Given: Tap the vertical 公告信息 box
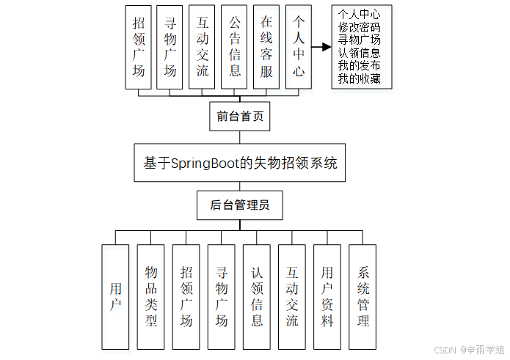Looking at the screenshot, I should coord(235,48).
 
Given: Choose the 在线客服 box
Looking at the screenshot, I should coord(266,48).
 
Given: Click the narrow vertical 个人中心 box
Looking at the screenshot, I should coord(298,48).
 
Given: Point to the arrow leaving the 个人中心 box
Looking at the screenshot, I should coord(321,48).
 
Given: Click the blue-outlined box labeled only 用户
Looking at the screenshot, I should coord(116,296).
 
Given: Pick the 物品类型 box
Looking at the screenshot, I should coord(151,296).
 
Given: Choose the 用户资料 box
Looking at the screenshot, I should coord(327,296).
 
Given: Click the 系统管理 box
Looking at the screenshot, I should coord(363,296).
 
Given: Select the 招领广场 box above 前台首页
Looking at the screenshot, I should coord(139,48).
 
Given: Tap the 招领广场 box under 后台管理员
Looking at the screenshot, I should coord(186,296).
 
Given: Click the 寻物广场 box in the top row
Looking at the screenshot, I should coord(170,48).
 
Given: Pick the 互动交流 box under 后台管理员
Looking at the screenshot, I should coord(292,296).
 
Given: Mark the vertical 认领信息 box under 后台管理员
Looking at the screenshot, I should coord(257,296).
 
